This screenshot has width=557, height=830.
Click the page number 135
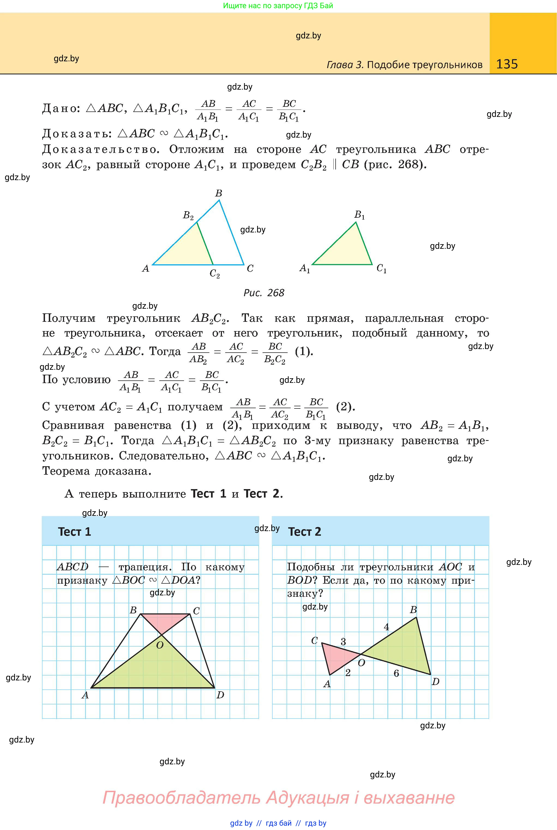point(507,64)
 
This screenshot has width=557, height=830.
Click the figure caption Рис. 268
point(264,293)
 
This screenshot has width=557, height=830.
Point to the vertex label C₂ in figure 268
point(215,274)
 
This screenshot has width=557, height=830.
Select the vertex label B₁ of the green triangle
point(360,215)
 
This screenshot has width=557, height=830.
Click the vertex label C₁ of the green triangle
point(381,268)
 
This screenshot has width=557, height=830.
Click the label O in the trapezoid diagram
point(160,645)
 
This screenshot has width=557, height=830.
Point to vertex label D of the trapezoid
point(220,695)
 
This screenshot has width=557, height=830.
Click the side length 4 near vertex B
point(387,627)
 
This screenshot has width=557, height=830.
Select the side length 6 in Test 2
point(396,673)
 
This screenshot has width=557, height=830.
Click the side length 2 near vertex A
point(348,673)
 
